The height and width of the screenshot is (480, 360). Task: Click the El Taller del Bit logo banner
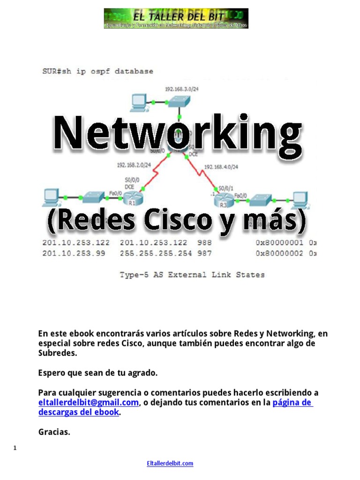[x=176, y=18]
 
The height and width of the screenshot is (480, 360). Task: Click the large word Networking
[x=178, y=133]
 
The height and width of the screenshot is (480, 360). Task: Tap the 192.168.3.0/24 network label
[x=180, y=89]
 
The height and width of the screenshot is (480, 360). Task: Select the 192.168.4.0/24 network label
[x=222, y=167]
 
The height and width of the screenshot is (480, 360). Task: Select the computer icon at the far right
[x=300, y=199]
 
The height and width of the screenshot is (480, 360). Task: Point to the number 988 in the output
[x=204, y=243]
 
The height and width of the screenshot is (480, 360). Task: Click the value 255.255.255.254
[x=154, y=253]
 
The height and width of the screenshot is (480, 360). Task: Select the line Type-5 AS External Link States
[x=192, y=275]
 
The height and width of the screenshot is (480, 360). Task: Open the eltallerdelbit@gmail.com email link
[x=89, y=403]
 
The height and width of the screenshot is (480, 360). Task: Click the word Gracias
[x=54, y=432]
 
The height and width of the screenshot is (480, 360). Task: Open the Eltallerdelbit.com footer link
[x=170, y=464]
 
